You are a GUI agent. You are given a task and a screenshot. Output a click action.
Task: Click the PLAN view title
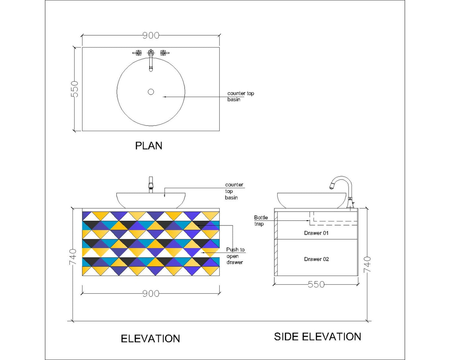[149, 146]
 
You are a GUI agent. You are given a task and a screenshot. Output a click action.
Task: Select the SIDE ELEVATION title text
[317, 337]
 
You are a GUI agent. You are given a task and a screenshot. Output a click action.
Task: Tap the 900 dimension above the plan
[151, 36]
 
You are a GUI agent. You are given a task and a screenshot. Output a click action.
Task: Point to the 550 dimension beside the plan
[74, 89]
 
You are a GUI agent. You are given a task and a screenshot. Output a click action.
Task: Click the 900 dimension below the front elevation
[151, 294]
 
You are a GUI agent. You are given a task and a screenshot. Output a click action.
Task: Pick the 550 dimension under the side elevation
[316, 285]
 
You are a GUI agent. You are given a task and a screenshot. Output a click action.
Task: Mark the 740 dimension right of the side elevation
[367, 265]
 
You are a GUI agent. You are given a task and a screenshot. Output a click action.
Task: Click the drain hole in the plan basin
[151, 92]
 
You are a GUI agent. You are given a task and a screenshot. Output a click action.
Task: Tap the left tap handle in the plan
[137, 53]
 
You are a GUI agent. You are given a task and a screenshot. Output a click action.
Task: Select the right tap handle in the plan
[164, 53]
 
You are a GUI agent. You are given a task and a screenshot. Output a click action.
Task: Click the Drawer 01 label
[316, 233]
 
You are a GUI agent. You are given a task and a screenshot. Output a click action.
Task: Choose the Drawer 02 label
[316, 259]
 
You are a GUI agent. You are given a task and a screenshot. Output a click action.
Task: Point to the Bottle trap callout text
[261, 221]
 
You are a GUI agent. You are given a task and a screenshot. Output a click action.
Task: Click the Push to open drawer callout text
[235, 256]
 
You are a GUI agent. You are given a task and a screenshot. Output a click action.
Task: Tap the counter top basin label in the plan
[241, 97]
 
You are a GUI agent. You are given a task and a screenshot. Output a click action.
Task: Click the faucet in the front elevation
[151, 185]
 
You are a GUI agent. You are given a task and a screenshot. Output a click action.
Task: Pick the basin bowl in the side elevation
[311, 200]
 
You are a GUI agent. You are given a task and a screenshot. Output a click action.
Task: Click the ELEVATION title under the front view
[150, 339]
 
